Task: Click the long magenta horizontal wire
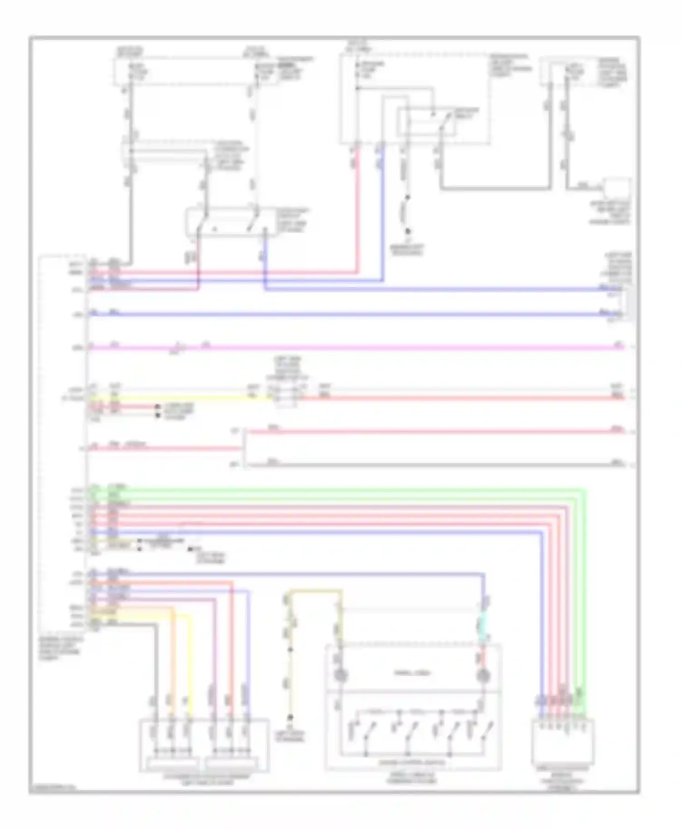click(x=363, y=348)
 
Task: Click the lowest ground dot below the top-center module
click(x=407, y=231)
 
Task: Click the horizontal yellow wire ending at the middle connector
click(x=182, y=398)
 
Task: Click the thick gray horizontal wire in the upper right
click(x=495, y=187)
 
